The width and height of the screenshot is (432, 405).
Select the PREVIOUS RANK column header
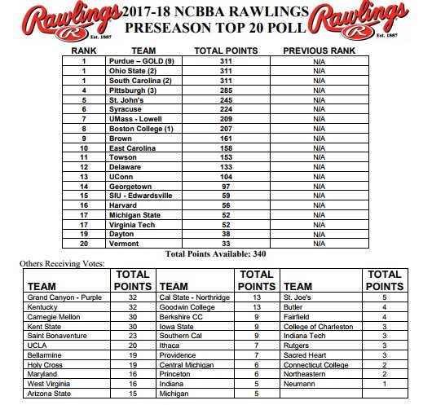pyautogui.click(x=319, y=50)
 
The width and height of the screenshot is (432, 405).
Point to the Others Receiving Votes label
pyautogui.click(x=58, y=266)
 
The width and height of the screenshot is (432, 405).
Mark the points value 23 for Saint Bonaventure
pyautogui.click(x=133, y=335)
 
